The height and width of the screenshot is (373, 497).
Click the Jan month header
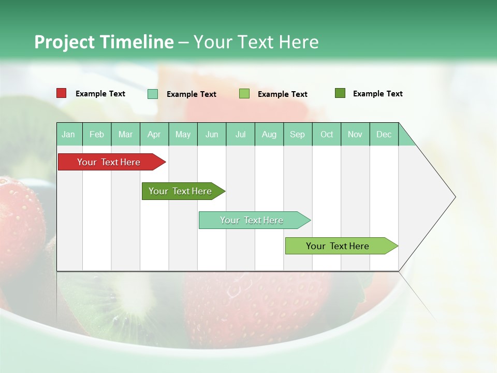tap(68, 135)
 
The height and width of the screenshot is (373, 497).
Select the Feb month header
tap(97, 135)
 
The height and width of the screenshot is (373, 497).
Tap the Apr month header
tap(154, 135)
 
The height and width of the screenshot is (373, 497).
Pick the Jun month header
tap(212, 135)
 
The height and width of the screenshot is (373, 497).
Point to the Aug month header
tap(269, 135)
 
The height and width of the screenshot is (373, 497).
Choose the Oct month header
tap(327, 135)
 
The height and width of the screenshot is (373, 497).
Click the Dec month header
tap(384, 135)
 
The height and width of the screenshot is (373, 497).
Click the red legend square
tap(62, 93)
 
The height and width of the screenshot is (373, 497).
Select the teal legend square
tap(153, 94)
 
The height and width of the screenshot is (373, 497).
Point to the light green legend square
tap(244, 94)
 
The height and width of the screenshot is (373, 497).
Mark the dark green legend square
tap(340, 93)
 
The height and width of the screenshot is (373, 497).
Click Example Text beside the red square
tap(100, 94)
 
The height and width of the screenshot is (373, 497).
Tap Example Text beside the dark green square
tap(378, 94)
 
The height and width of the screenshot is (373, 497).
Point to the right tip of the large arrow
tap(454, 197)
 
